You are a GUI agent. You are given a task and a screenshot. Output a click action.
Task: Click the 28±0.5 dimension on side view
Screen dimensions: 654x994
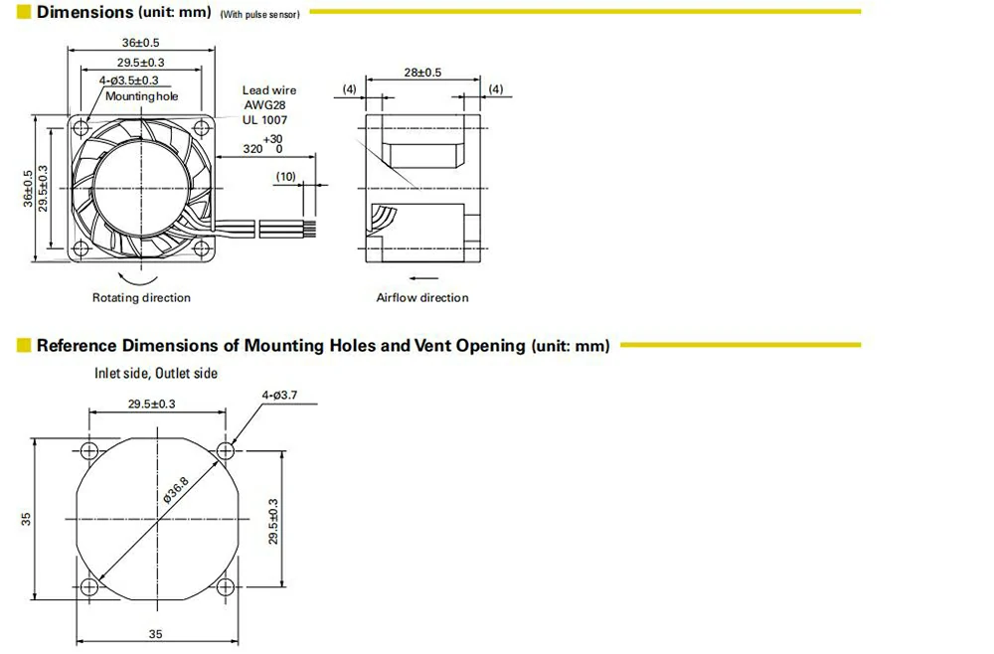point(422,73)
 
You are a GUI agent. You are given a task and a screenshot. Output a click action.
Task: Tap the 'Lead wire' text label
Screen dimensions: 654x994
point(269,90)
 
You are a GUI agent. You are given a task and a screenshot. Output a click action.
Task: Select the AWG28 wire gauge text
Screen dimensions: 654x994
point(263,105)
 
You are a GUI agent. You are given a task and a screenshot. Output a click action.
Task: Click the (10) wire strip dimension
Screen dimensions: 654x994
point(285,176)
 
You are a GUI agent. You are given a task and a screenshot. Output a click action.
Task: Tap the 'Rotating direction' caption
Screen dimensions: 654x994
point(141,297)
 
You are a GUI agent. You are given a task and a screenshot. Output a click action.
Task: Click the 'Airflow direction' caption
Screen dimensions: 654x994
point(421,297)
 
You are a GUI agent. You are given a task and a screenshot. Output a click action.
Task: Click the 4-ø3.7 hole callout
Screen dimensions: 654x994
point(278,396)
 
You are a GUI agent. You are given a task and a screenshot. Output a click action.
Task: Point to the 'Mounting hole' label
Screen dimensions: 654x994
point(143,96)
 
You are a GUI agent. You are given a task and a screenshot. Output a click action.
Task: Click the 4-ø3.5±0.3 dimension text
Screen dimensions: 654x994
point(128,81)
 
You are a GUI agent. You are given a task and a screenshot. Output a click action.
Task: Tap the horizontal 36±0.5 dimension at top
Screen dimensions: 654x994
point(140,43)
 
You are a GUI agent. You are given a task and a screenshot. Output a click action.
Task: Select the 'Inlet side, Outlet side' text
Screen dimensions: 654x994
point(156,374)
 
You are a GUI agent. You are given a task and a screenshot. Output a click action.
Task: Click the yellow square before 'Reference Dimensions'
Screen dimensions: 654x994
point(24,346)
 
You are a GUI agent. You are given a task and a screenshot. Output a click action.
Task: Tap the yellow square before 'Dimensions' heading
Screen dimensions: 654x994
point(24,13)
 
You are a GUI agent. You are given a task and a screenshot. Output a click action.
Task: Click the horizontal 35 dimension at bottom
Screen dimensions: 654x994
point(156,634)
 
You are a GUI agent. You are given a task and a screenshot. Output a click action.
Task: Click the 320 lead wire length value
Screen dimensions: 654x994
point(253,149)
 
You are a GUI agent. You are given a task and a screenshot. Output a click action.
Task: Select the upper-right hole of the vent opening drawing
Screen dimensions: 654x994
point(226,450)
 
